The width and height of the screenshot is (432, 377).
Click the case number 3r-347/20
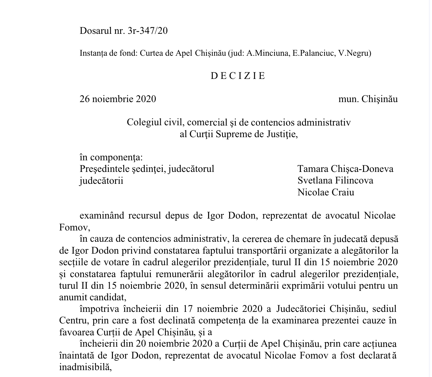coord(148,31)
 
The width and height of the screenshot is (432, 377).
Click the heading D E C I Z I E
coord(238,76)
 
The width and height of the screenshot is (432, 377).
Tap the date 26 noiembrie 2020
coord(118,99)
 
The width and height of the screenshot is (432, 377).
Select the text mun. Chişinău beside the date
coord(368,99)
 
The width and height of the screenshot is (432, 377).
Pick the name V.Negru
coord(354,54)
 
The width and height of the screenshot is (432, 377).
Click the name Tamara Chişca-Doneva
coord(345,169)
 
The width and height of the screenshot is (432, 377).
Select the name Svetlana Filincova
coord(335,181)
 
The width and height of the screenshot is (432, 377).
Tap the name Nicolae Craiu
coord(326,192)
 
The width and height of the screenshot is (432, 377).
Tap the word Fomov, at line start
coord(72,227)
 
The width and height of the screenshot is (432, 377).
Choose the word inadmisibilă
coord(86,367)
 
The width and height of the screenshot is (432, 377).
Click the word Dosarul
coord(95,31)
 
